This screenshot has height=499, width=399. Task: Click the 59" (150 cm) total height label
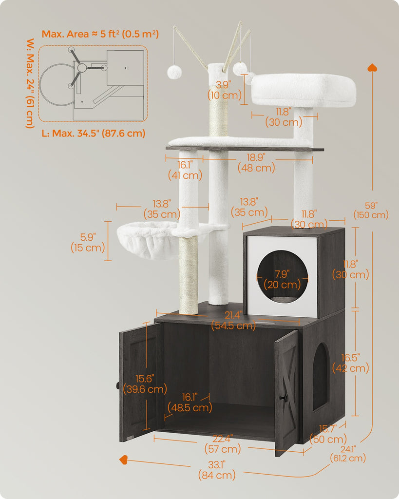[x=371, y=211]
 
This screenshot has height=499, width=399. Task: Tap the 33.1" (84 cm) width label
[x=217, y=470]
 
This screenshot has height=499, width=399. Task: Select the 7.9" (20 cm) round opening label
[x=282, y=279]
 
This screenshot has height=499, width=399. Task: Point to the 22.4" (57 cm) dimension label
[x=223, y=444]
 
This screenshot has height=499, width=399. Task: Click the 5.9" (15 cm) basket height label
[x=88, y=243]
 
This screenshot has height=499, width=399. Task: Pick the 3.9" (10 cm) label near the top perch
[x=224, y=90]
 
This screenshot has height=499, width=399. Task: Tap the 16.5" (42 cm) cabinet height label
[x=351, y=363]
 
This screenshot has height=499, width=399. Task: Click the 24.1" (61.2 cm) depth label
[x=348, y=454]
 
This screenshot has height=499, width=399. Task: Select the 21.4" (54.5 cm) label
[x=233, y=321]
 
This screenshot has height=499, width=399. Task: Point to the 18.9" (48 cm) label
[x=256, y=163]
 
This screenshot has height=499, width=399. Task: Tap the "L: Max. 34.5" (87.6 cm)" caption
[x=94, y=133]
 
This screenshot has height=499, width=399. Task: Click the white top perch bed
[x=303, y=90]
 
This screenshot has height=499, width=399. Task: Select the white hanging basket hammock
[x=147, y=239]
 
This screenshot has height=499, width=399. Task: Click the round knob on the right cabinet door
[x=283, y=397]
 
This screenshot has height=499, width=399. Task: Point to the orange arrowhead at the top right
[x=372, y=67]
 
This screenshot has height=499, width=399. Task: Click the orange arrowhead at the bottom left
[x=123, y=460]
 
